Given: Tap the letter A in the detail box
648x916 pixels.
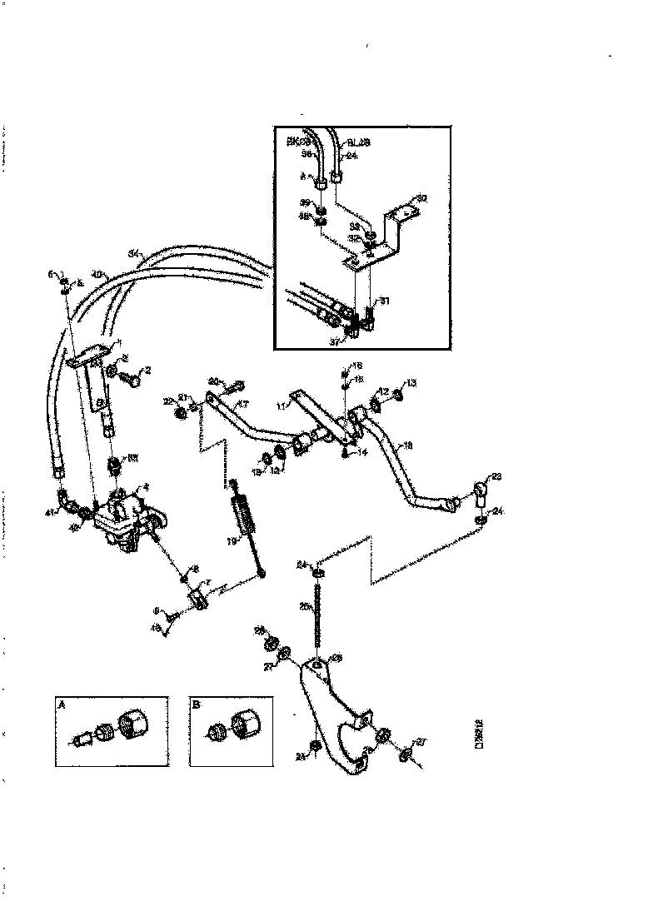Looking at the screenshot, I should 62,704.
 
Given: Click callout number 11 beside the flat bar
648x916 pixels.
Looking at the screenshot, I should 282,406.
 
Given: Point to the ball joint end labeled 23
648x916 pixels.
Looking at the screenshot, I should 481,491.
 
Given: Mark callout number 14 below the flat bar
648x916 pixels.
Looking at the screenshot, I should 362,452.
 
